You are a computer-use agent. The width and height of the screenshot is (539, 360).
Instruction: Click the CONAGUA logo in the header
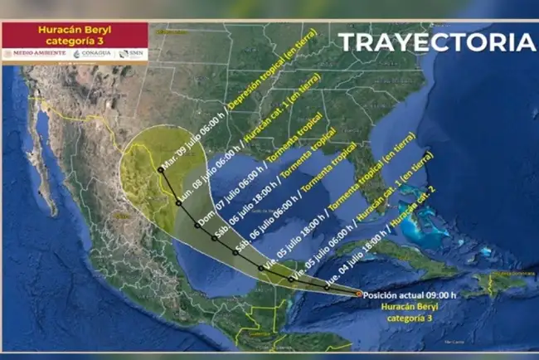pyautogui.click(x=93, y=54)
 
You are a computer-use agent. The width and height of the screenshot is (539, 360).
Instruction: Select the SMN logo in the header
pyautogui.click(x=132, y=54)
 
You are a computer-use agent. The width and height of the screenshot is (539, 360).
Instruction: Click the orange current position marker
pyautogui.click(x=358, y=293)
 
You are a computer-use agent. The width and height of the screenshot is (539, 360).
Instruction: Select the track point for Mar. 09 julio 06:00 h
pyautogui.click(x=159, y=170)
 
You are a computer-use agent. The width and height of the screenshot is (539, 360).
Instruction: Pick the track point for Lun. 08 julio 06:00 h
pyautogui.click(x=178, y=202)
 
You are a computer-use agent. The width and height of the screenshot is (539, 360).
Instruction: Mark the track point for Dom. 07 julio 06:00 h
pyautogui.click(x=197, y=224)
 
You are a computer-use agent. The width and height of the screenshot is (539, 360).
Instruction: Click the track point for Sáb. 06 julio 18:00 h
pyautogui.click(x=215, y=238)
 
